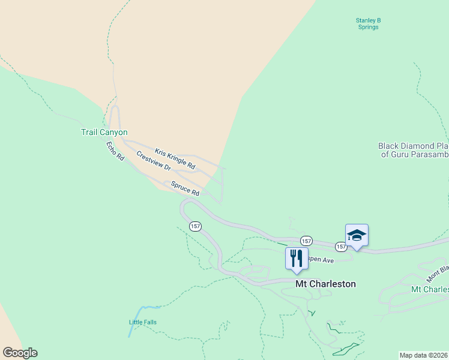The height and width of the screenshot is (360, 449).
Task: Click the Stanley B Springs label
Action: click(x=369, y=24)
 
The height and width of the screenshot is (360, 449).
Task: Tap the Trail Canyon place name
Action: click(x=104, y=132)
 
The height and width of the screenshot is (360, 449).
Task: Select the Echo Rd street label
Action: click(x=115, y=151)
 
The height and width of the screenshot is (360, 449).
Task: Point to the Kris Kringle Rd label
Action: click(x=175, y=158)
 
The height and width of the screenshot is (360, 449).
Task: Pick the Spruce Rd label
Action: click(x=185, y=188)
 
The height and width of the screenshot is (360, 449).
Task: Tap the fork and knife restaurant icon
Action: click(x=296, y=259)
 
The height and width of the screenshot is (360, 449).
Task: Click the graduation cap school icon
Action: click(x=357, y=235)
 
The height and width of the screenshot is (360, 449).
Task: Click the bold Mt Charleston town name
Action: click(x=325, y=284)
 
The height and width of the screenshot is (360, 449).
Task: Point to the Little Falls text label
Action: click(x=143, y=322)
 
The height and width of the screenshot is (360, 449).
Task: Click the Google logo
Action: click(x=20, y=353)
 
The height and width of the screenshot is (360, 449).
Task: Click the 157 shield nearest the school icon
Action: click(x=340, y=247)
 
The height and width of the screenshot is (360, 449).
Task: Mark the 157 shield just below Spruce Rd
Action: click(x=194, y=226)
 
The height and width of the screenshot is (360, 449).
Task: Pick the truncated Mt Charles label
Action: click(x=429, y=289)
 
